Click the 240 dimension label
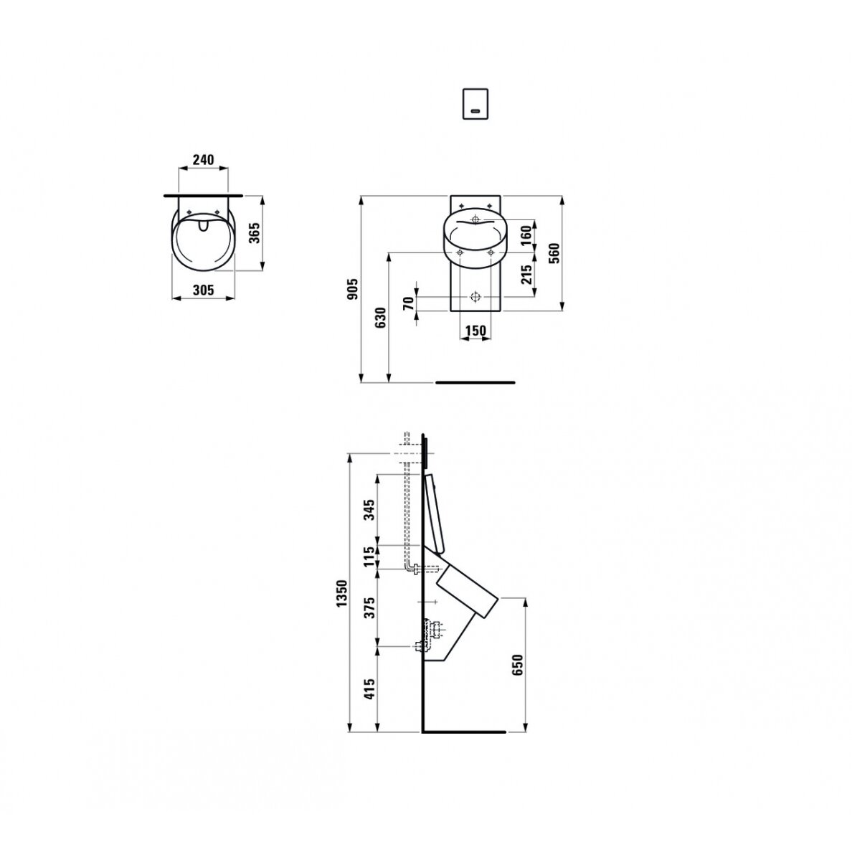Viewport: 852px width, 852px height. [203, 159]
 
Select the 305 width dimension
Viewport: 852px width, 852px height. [203, 290]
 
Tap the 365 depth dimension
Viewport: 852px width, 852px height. [254, 232]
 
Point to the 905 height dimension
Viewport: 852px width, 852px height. [353, 289]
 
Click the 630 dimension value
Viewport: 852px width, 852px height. [380, 317]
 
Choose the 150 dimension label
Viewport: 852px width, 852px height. [475, 331]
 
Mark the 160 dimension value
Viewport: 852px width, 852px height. [526, 236]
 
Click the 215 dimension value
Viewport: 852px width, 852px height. [526, 275]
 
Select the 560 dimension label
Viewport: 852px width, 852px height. [554, 253]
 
